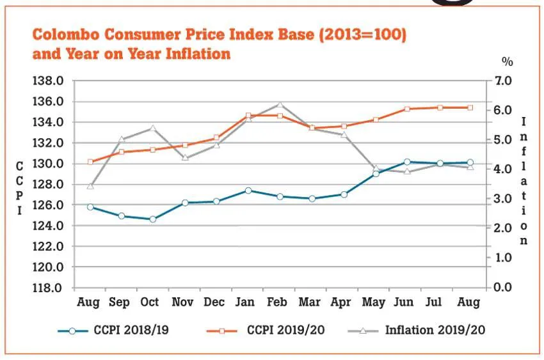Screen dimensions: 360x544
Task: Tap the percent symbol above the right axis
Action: (508, 62)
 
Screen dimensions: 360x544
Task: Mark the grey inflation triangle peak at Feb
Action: (280, 105)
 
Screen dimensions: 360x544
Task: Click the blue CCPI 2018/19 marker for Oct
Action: (152, 219)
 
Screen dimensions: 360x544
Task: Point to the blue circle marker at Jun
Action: (407, 162)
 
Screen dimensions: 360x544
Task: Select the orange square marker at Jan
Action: (248, 116)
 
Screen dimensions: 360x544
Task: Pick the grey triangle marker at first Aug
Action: (90, 186)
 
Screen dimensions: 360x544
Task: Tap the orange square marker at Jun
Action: (407, 109)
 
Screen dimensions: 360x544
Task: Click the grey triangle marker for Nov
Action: (185, 157)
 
